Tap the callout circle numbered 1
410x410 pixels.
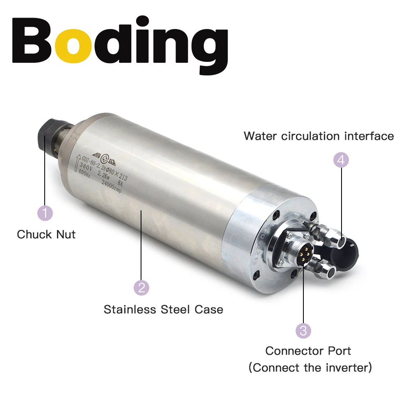pos(45,213)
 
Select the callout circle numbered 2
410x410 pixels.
pos(141,287)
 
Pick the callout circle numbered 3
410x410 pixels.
pos(303,330)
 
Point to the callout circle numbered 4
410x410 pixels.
pos(341,160)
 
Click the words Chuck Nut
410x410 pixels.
pos(46,235)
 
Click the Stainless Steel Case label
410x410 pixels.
pos(163,309)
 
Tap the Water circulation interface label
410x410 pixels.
pos(319,136)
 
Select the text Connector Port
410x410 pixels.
pos(308,351)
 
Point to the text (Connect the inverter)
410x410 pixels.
pos(310,367)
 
